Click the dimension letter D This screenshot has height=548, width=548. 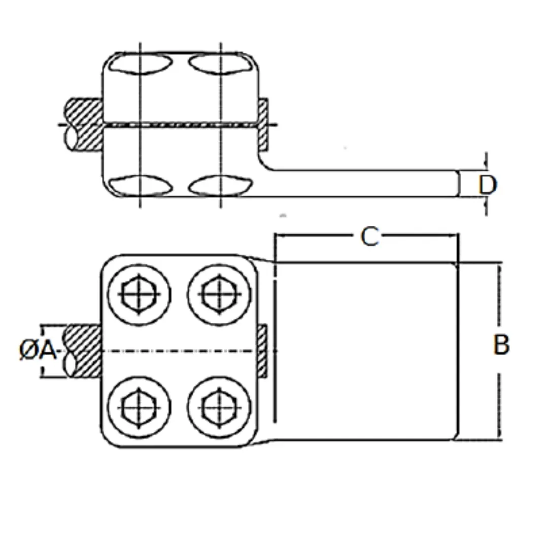coord(487,186)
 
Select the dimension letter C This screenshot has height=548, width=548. coord(370,236)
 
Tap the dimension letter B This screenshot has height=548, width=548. coord(501,346)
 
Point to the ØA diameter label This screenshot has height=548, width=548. coord(38,351)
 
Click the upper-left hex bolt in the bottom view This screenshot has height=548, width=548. coord(139,294)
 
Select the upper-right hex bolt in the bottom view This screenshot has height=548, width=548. coord(219,294)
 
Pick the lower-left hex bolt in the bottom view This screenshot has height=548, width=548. coord(139,407)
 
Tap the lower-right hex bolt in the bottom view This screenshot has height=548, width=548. coord(219,407)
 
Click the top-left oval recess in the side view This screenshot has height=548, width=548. coord(141,64)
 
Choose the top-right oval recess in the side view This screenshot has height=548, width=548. coord(220,64)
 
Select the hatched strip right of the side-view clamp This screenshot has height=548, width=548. coord(263,124)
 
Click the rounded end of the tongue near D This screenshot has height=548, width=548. coord(457,184)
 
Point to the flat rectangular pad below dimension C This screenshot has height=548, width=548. coord(365,350)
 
